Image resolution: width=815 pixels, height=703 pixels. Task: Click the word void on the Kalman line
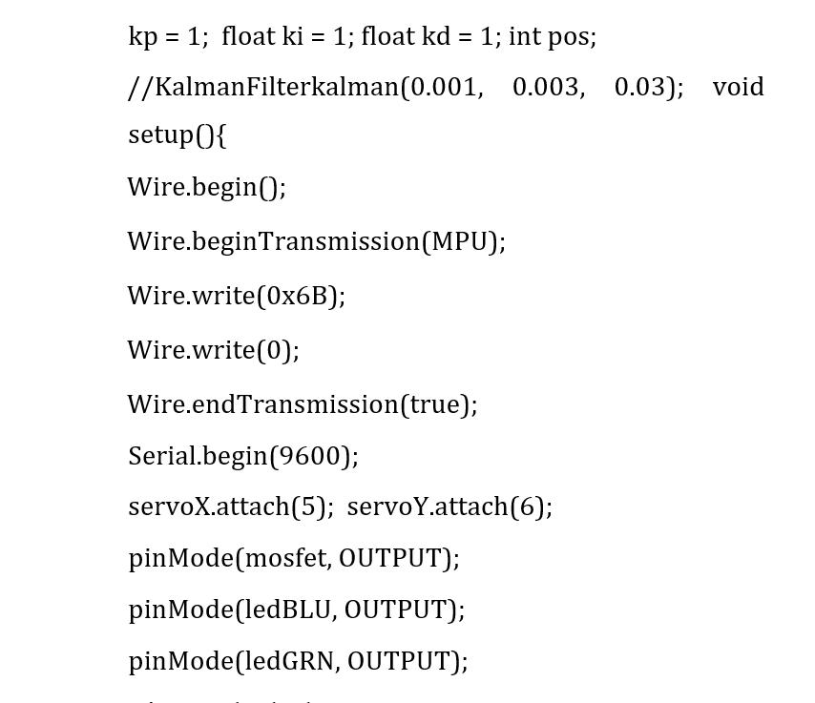click(x=738, y=87)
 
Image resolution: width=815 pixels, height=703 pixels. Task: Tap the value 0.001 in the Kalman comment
click(x=444, y=87)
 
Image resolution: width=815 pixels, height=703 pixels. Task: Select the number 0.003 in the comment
click(x=546, y=87)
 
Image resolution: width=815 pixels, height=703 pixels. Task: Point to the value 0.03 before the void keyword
click(x=641, y=87)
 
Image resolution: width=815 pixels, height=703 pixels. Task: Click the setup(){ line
click(x=178, y=134)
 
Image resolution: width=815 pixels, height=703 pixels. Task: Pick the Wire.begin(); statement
click(x=207, y=187)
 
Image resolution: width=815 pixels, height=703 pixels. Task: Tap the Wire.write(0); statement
click(x=214, y=350)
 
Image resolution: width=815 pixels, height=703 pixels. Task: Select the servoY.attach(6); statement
click(x=449, y=507)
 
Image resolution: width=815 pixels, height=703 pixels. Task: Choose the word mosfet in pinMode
click(x=286, y=558)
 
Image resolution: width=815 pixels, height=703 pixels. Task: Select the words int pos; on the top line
click(x=553, y=36)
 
